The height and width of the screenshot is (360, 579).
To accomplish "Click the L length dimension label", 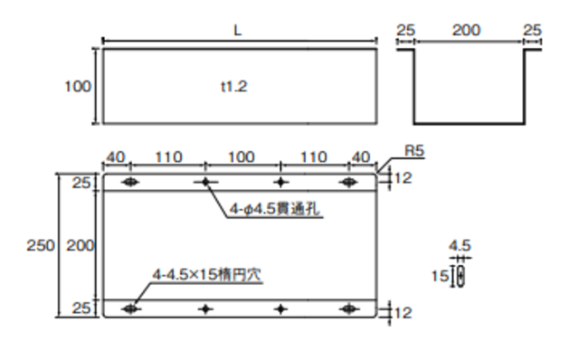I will [238, 30].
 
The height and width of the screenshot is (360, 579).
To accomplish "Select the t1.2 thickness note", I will [233, 88].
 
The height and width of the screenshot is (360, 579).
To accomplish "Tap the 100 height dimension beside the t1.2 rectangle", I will [78, 87].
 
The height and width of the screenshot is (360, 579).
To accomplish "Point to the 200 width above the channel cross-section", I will [467, 30].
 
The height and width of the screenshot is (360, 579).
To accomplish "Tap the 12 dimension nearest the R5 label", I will [403, 179].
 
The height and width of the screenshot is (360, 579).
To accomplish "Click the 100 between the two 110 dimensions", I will [241, 157].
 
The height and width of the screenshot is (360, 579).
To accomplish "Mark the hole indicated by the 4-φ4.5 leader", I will [206, 183].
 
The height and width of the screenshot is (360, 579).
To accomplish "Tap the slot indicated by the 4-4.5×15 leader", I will [131, 309].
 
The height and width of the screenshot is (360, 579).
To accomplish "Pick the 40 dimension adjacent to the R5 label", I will [361, 157].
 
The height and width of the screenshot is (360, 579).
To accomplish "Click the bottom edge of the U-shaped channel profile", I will [468, 123].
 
